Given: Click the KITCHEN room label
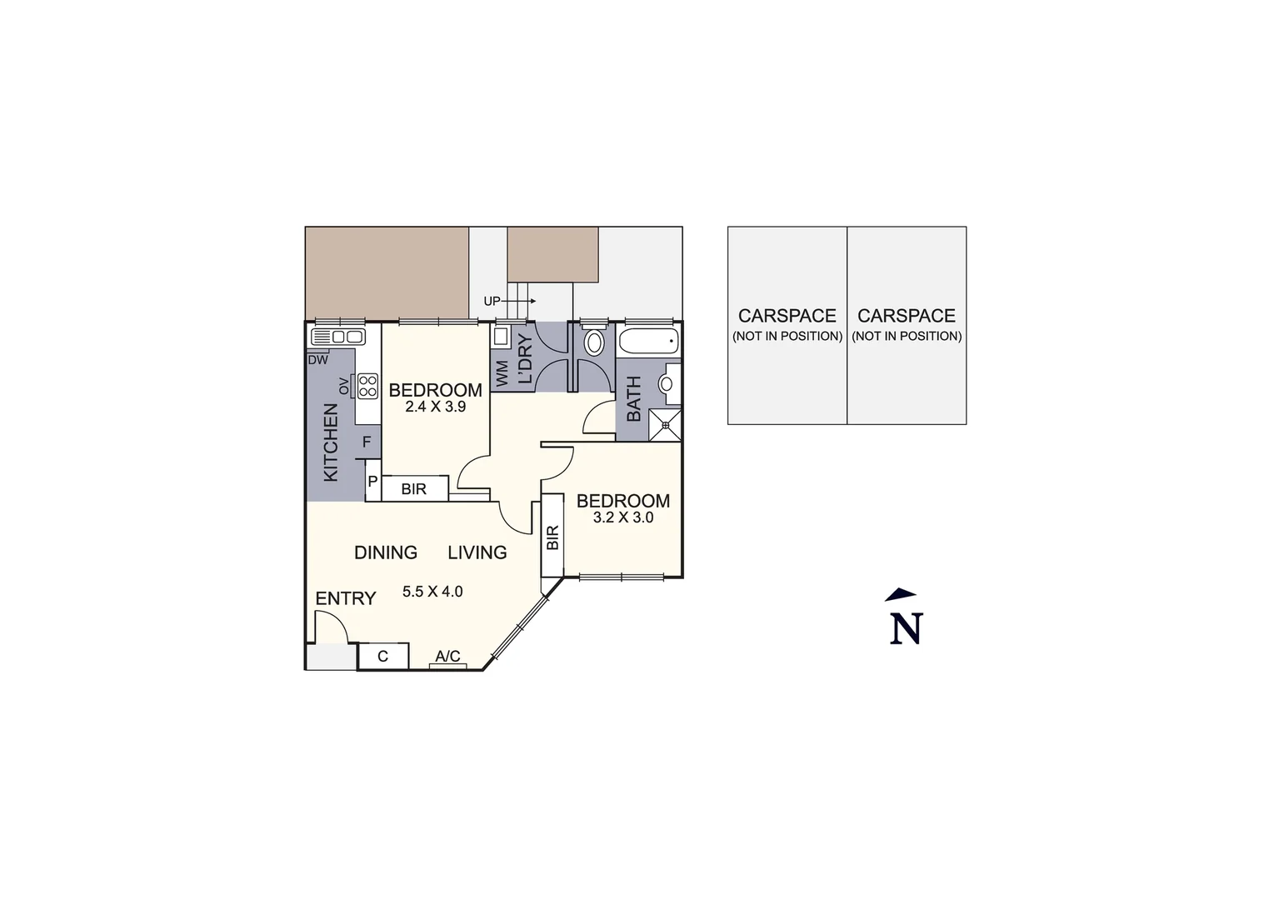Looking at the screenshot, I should tap(331, 442).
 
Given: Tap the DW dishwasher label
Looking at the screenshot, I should tap(317, 361).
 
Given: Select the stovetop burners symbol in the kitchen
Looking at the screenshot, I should tap(367, 387).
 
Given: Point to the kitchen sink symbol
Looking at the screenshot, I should tap(337, 337).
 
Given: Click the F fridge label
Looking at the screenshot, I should tap(367, 442).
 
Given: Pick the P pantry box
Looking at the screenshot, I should tap(373, 482).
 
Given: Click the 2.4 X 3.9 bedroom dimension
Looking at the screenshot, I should tap(435, 407).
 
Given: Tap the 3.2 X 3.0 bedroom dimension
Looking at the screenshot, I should tap(622, 517).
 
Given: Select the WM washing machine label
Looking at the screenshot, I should tap(502, 374).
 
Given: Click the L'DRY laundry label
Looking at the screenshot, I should tap(525, 359).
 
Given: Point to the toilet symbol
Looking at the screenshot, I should tap(594, 342).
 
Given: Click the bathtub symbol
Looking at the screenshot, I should tap(648, 341).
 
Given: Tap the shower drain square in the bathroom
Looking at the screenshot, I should tap(665, 425).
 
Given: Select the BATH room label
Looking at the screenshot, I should tap(633, 398).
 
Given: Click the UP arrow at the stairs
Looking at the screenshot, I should tap(509, 301).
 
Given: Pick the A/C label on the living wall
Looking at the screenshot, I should tap(447, 657).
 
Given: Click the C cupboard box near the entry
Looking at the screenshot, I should tap(383, 657).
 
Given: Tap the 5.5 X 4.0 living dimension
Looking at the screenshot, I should tap(432, 592).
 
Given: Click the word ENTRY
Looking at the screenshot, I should tap(346, 598).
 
